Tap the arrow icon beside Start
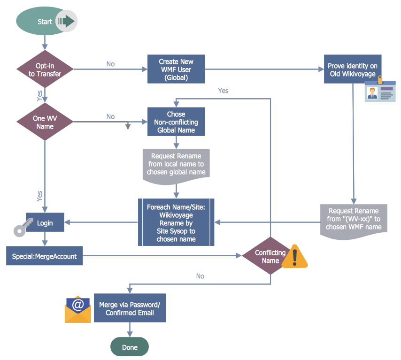[66, 21]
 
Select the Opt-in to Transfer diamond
[45, 70]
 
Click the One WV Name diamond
[45, 122]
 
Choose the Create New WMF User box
[176, 69]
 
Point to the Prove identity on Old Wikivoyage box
[352, 69]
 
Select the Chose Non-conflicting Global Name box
[176, 122]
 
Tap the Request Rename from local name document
[176, 164]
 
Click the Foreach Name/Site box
[176, 222]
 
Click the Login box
[45, 222]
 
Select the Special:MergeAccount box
[45, 256]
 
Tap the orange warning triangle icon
[295, 257]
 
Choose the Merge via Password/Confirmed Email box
[130, 308]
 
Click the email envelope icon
[78, 310]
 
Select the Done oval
[130, 347]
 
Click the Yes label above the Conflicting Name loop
[223, 91]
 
